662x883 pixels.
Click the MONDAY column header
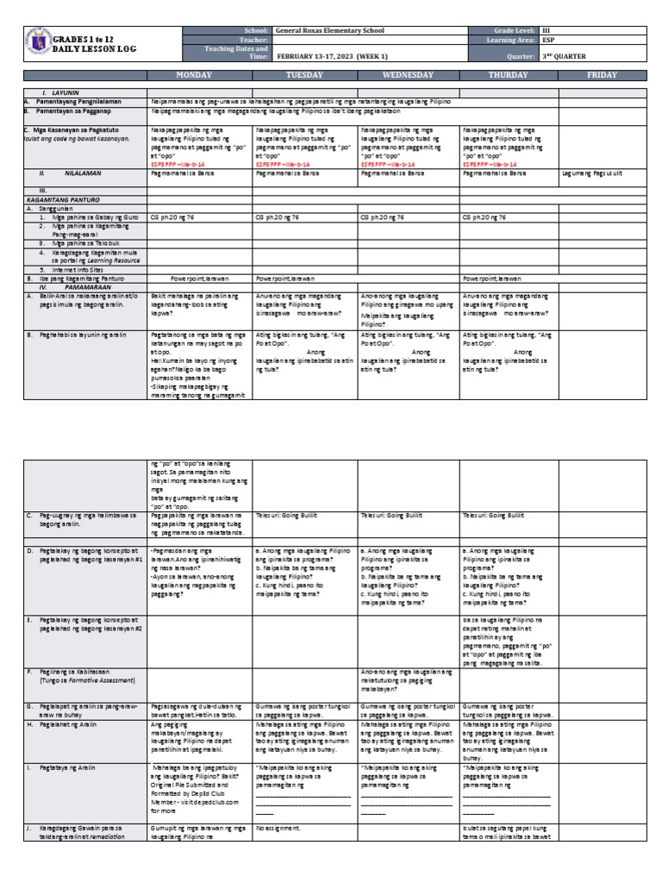click(x=199, y=75)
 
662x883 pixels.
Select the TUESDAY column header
click(x=303, y=75)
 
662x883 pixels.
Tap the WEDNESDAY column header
click(x=408, y=75)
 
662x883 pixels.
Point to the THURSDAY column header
click(x=509, y=75)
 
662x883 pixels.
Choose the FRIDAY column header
click(x=602, y=75)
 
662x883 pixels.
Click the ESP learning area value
click(x=547, y=40)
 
